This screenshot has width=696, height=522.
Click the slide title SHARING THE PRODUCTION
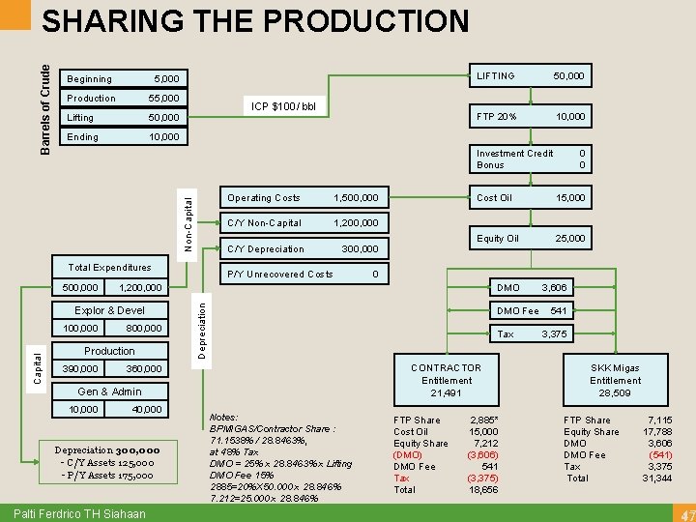[256, 20]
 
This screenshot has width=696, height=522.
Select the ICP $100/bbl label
[284, 105]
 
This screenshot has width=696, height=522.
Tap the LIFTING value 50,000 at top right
[568, 75]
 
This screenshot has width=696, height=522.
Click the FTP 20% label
[497, 117]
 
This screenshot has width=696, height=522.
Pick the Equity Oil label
[498, 239]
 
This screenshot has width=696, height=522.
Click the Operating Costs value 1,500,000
[355, 198]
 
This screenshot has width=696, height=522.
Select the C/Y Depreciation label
[266, 249]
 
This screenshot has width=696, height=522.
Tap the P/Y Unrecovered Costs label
[279, 275]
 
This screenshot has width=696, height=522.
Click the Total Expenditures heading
[109, 268]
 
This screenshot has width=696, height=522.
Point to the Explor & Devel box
[109, 310]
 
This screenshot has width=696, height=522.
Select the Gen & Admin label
[109, 391]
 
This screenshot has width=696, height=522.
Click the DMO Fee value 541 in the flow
[559, 310]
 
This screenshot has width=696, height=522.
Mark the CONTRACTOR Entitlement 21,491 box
[446, 381]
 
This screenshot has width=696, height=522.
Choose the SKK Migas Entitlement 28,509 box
[615, 381]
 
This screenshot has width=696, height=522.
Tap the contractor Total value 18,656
[483, 490]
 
